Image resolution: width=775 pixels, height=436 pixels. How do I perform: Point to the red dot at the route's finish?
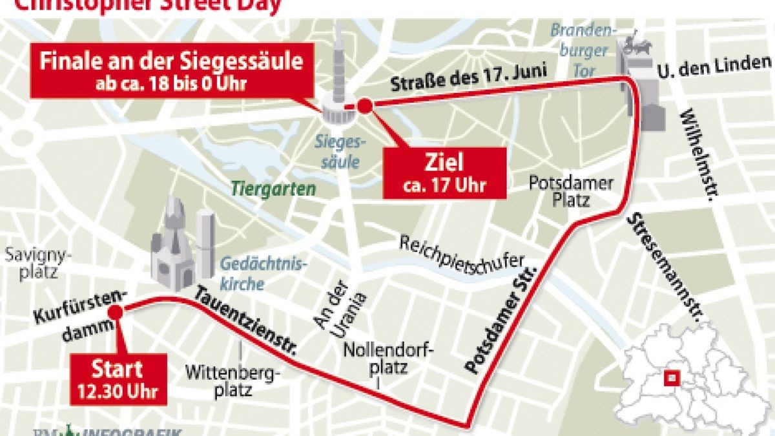(x=365, y=105)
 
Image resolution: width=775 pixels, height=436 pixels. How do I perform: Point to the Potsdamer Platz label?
(x=570, y=191)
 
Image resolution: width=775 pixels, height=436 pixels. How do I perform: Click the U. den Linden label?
(x=714, y=64)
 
